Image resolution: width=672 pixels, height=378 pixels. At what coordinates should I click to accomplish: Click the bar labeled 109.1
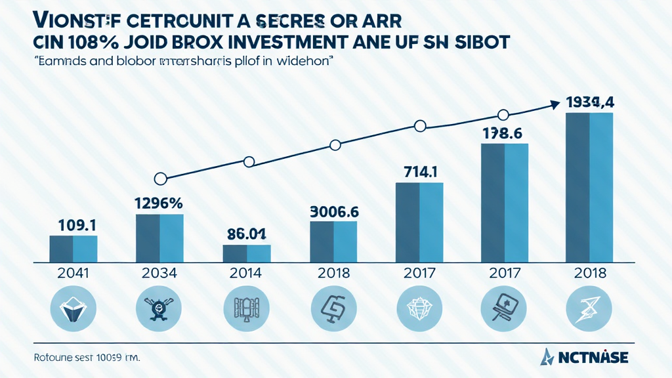(73, 249)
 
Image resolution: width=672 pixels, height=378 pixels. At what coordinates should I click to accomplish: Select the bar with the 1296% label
(159, 238)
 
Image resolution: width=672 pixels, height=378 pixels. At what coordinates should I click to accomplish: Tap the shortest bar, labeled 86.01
(247, 253)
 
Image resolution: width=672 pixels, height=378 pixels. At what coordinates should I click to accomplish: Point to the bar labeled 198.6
(505, 203)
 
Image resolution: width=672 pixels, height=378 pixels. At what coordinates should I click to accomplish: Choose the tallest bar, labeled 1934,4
(590, 188)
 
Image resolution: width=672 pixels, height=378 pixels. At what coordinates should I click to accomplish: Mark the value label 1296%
(159, 203)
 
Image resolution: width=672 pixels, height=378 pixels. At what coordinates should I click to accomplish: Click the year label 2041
(73, 274)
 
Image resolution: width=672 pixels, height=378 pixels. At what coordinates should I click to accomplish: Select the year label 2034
(159, 274)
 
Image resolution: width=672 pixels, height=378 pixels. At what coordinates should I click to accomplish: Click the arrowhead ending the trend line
(555, 103)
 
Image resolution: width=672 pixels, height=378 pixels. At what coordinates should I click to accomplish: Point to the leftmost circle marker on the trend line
(159, 178)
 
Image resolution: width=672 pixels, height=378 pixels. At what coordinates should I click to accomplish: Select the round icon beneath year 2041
(73, 311)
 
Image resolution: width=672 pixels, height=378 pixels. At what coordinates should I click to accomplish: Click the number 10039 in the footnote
(111, 358)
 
